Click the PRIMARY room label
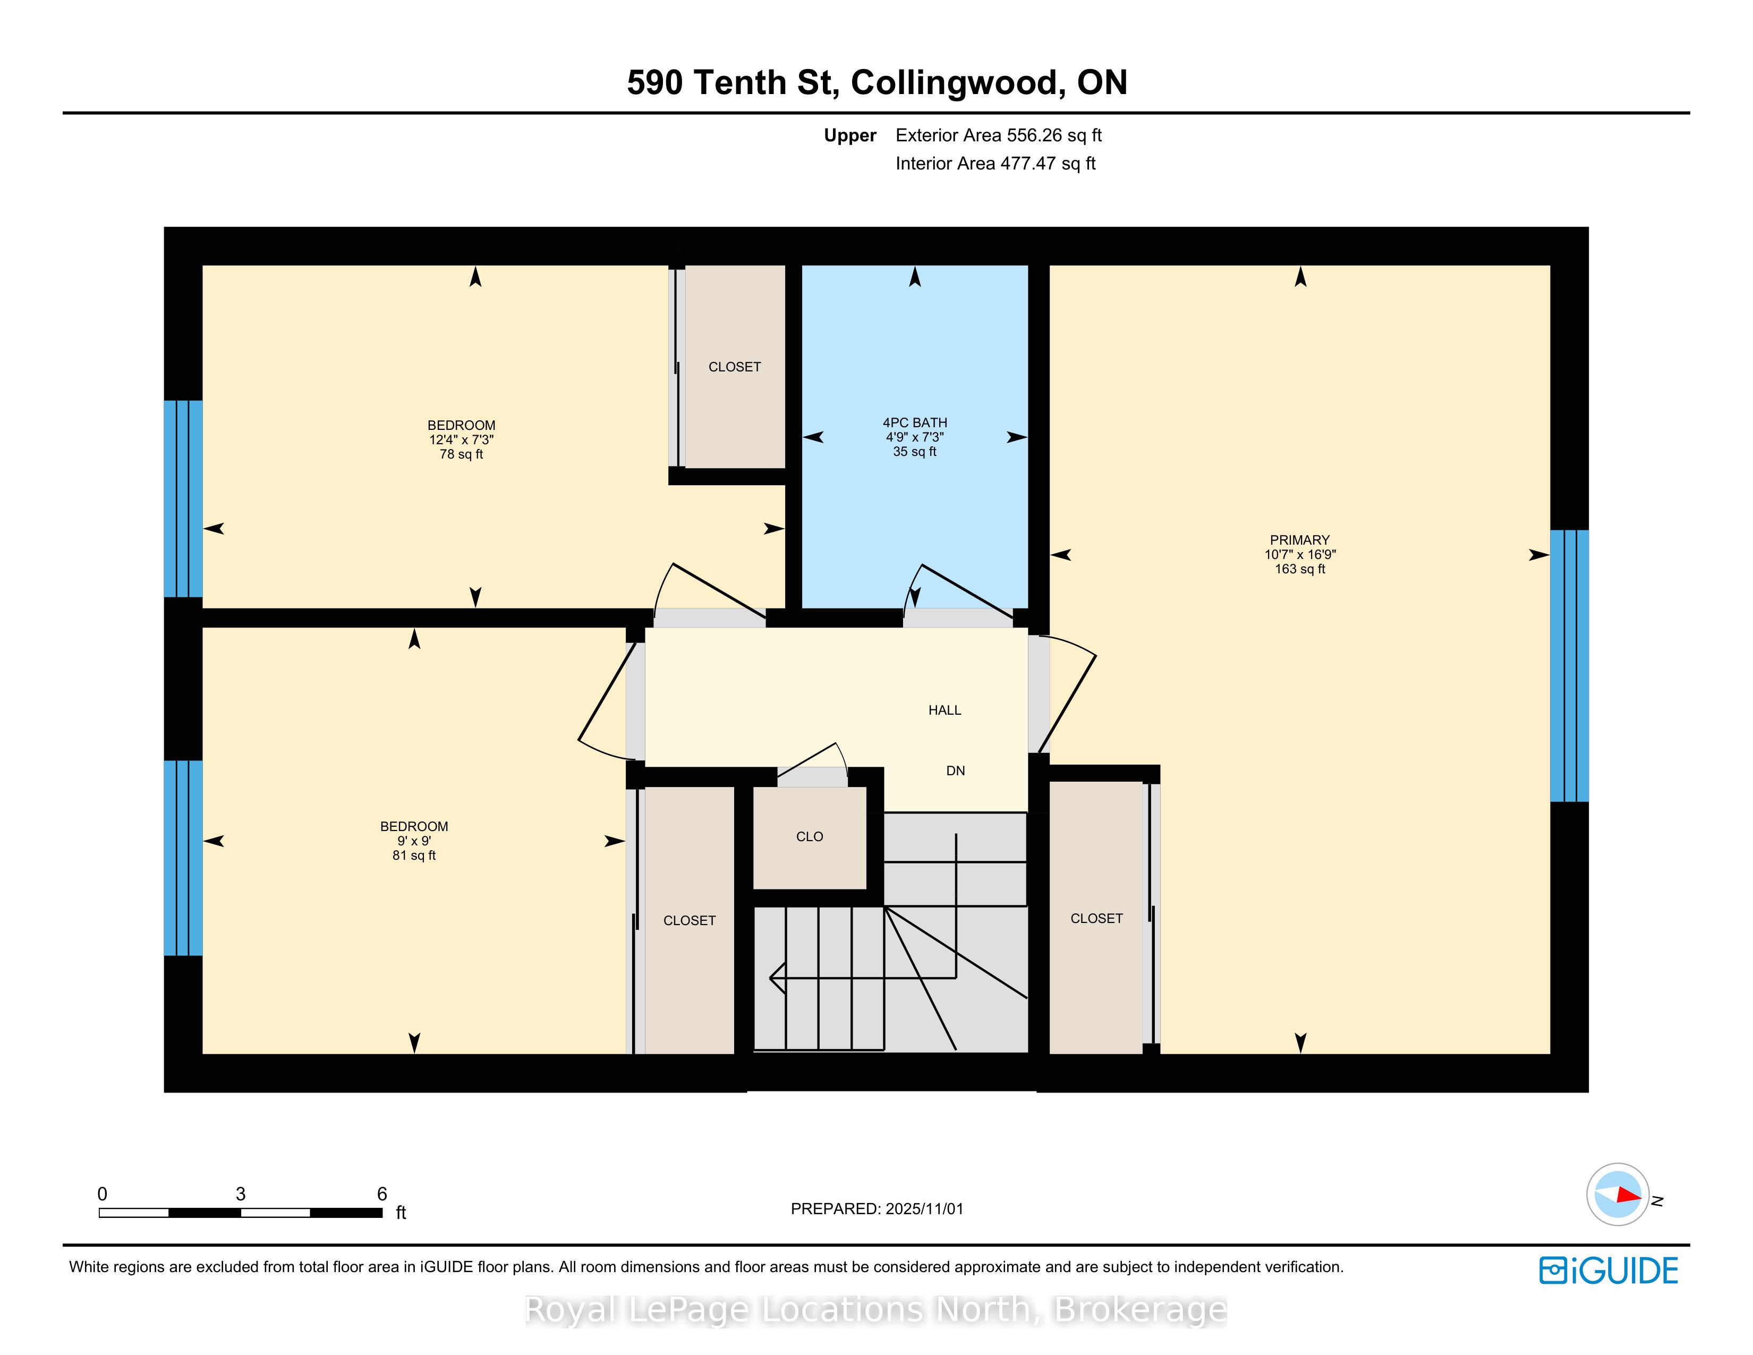point(1299,540)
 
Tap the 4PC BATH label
point(915,423)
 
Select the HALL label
point(944,710)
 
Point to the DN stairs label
point(955,770)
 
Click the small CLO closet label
point(809,836)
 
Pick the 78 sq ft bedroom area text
point(462,454)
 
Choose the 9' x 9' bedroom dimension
point(414,841)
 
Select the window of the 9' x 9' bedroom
point(183,858)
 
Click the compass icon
point(1618,1193)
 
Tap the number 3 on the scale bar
point(240,1193)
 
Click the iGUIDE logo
point(1609,1271)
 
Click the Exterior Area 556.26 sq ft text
point(999,135)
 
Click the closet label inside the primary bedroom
point(1096,918)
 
